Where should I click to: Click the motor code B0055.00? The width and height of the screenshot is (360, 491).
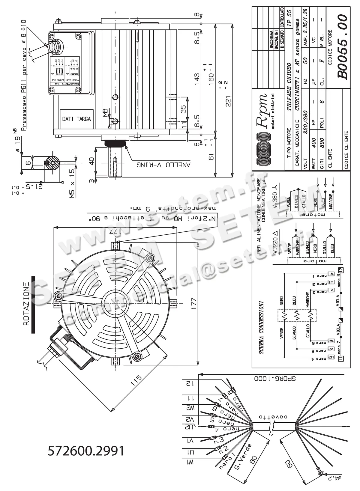click(342, 47)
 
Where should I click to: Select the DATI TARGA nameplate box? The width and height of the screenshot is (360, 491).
click(76, 119)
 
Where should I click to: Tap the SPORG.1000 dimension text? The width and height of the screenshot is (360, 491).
click(275, 379)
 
